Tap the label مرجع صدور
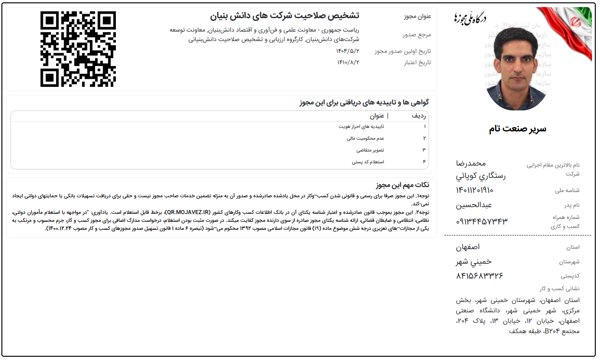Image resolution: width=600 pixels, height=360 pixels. (415, 34)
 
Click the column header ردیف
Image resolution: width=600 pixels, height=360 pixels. (421, 116)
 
